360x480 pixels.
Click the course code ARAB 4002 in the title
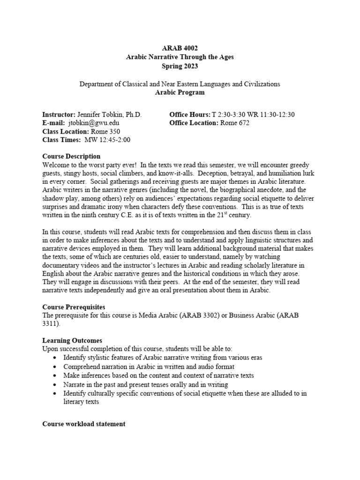(x=180, y=48)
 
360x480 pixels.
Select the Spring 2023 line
(x=180, y=66)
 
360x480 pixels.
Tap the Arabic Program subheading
(x=180, y=92)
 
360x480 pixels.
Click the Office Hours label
(x=190, y=114)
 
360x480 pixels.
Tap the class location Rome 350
(x=106, y=131)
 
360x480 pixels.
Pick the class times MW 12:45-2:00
(x=107, y=140)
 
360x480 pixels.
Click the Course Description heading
(x=71, y=156)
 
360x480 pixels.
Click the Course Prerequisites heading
(x=74, y=307)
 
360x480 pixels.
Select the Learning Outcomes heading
(x=72, y=340)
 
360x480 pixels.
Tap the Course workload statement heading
(x=84, y=424)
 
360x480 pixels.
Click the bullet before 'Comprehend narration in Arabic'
(x=56, y=367)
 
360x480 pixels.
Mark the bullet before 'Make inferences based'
(x=56, y=375)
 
